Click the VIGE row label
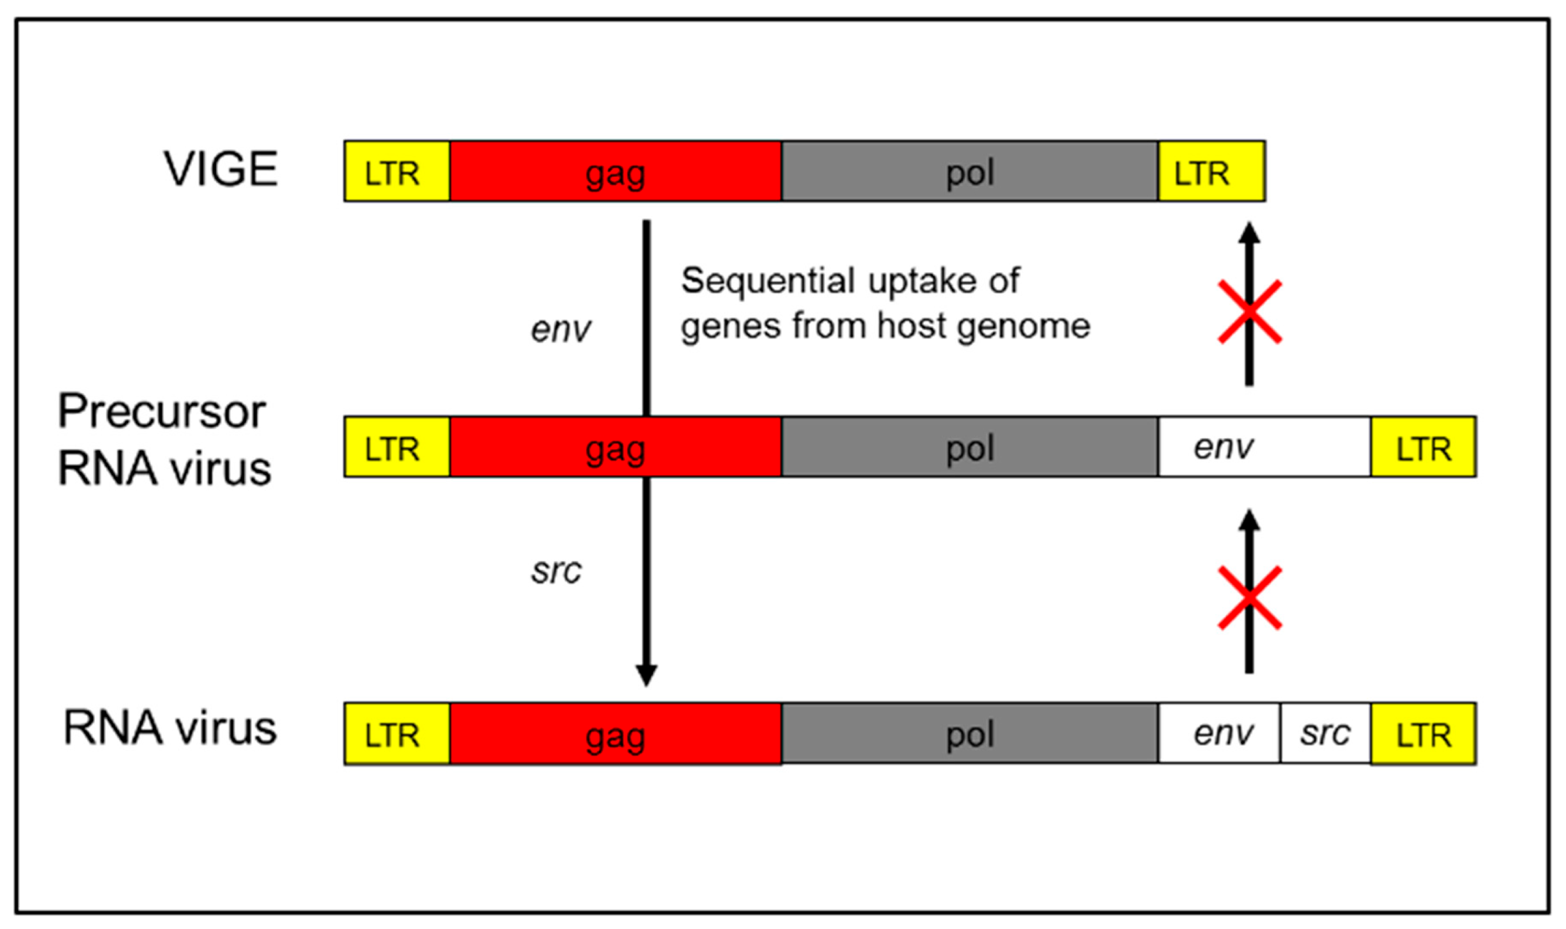point(221,169)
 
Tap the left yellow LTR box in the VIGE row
point(397,172)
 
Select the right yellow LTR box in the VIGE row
point(1211,172)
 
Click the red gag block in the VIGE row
point(615,172)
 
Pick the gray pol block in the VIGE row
point(969,172)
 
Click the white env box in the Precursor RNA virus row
point(1264,447)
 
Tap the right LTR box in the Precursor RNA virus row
point(1422,447)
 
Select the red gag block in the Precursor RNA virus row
point(615,447)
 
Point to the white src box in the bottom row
point(1325,733)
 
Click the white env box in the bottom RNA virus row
point(1218,733)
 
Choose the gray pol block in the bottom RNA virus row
point(969,733)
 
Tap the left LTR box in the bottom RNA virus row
point(397,733)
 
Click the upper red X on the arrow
point(1249,312)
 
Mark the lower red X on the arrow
point(1249,598)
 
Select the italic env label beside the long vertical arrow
point(560,329)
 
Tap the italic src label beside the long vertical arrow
point(556,571)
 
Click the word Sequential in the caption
point(768,280)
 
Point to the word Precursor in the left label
point(162,412)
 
